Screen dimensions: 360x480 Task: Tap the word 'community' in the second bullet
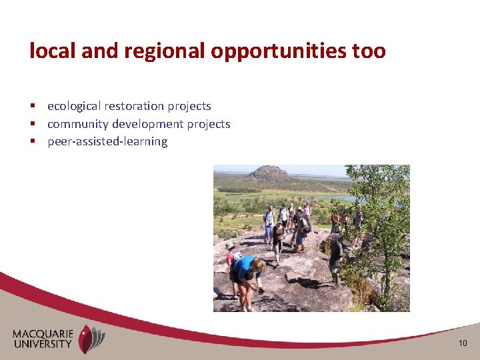tap(78, 124)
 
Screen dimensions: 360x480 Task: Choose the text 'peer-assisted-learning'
tap(107, 141)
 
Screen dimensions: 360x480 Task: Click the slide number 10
tap(463, 343)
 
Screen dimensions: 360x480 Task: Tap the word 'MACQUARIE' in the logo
tap(44, 333)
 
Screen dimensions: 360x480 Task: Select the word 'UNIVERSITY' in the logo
tap(44, 344)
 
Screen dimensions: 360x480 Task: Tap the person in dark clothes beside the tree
tap(335, 257)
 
